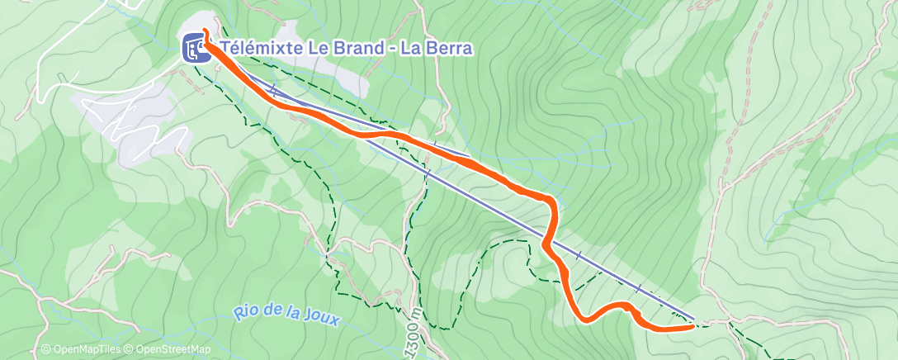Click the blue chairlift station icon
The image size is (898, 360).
(x=195, y=49)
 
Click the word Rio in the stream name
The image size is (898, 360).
(x=245, y=312)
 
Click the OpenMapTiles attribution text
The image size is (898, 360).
(x=82, y=350)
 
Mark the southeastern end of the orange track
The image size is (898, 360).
(x=690, y=327)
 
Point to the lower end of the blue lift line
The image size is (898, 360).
(x=692, y=317)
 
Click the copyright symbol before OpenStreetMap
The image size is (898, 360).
(x=130, y=350)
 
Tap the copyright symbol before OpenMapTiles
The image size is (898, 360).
(x=46, y=350)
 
